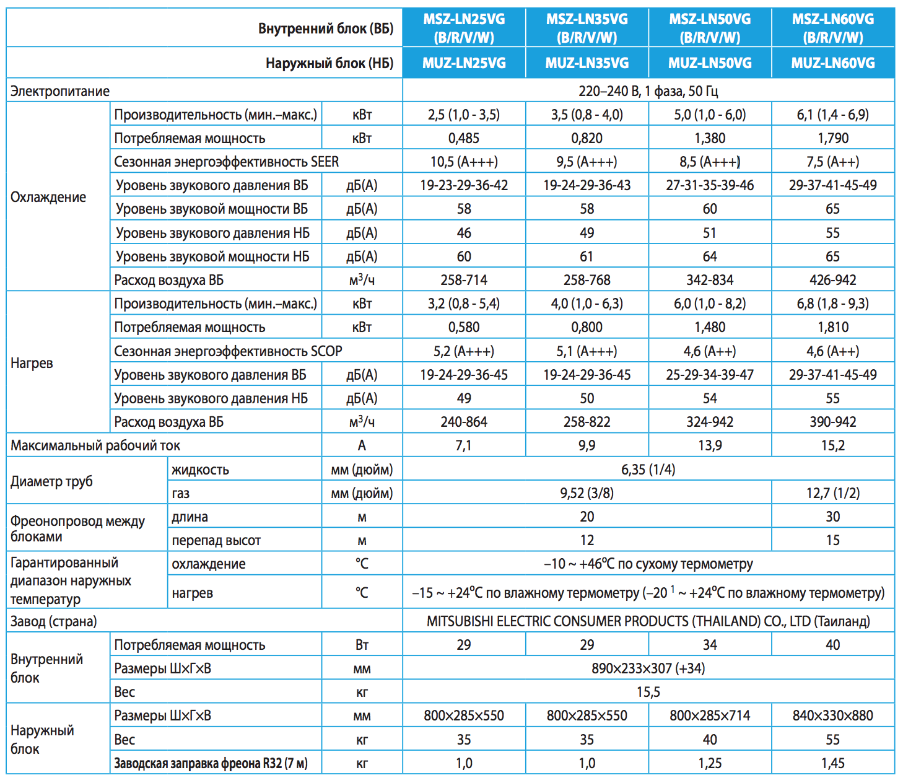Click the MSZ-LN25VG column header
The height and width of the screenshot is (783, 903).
[464, 28]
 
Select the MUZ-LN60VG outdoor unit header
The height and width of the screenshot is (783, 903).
[833, 63]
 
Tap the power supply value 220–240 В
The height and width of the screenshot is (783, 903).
[608, 91]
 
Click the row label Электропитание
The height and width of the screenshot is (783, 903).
[60, 91]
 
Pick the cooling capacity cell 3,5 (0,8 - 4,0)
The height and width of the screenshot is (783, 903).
[587, 115]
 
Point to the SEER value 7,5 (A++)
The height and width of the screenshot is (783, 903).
[832, 162]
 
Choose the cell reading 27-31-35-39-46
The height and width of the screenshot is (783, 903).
[710, 185]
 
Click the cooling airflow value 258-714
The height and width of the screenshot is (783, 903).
[464, 280]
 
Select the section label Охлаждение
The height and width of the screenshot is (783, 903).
[48, 197]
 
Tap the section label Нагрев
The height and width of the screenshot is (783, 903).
[32, 363]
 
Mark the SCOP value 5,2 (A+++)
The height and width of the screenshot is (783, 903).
[464, 351]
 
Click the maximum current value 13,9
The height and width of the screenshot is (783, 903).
[710, 445]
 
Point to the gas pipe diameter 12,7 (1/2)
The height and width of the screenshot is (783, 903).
[832, 493]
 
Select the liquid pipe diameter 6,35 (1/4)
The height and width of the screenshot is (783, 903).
[648, 470]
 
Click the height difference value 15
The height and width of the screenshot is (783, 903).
[832, 540]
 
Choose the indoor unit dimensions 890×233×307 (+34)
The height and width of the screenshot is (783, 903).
[648, 668]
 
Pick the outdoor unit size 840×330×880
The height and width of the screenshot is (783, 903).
[832, 715]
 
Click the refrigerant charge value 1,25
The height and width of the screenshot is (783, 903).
[710, 763]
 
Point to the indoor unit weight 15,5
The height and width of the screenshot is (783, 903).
[648, 692]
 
